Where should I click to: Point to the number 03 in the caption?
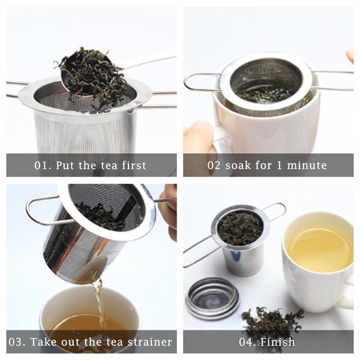19,343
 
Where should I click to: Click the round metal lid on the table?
212,298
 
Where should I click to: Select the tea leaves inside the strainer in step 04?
239,227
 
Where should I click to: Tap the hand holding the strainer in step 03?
169,207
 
